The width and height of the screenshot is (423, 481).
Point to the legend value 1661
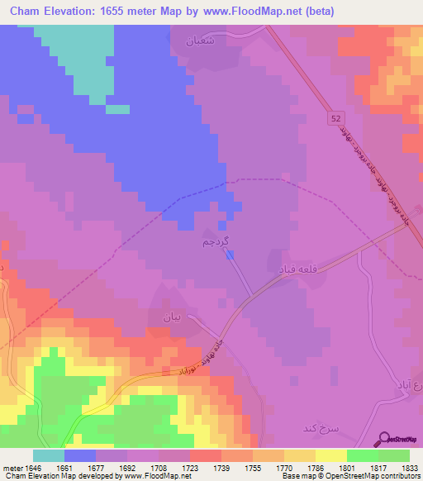[x=64, y=466]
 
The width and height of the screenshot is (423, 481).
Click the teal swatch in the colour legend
[x=49, y=455]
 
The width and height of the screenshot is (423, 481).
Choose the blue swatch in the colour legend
[x=80, y=455]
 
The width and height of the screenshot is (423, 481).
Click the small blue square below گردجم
[x=230, y=254]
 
